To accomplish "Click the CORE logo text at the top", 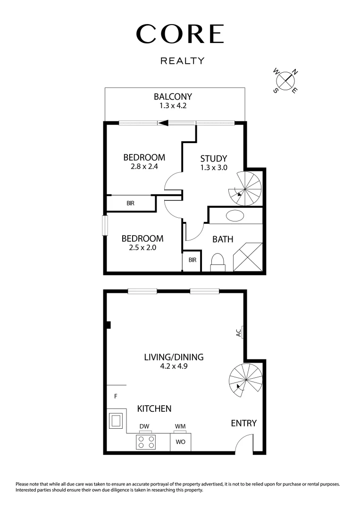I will (x=180, y=34).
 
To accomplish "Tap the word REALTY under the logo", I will (x=182, y=60).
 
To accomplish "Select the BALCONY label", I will (x=173, y=97).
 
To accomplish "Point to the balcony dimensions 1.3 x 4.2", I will (x=173, y=106).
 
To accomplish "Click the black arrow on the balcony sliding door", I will (x=164, y=123).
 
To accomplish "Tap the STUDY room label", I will (x=213, y=158).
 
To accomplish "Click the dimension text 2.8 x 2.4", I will (x=144, y=167).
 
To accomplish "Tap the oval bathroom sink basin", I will (x=235, y=216).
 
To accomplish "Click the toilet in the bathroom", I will (x=218, y=262).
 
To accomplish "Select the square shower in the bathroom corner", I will (x=248, y=257).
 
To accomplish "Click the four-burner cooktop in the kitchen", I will (x=146, y=442).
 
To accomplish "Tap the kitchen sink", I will (x=116, y=420).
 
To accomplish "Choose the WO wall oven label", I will (x=180, y=442).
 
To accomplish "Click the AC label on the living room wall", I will (x=238, y=332).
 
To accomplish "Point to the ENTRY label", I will (x=243, y=423).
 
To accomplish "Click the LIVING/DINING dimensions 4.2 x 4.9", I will (x=174, y=366).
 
